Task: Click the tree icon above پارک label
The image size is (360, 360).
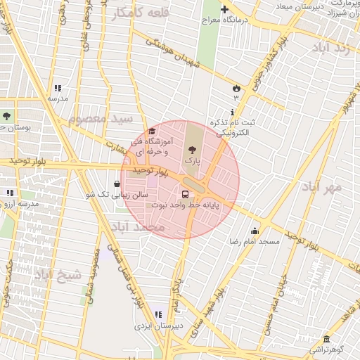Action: pos(192,149)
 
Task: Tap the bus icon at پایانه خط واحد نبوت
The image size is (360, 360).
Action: pos(185,194)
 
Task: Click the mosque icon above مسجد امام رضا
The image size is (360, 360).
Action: pos(255,231)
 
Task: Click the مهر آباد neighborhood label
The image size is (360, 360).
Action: pos(322,187)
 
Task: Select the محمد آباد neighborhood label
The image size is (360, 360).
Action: pos(138,227)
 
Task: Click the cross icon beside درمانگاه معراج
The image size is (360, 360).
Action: pos(224,10)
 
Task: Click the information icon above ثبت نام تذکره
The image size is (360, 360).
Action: pos(232,112)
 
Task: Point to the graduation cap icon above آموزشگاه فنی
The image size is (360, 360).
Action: pos(152,131)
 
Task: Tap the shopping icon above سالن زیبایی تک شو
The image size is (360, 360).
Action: pos(116,184)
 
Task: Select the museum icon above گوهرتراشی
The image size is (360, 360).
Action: pos(325,339)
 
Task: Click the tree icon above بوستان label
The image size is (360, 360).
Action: pos(7,116)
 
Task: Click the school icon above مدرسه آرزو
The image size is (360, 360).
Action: pos(10,193)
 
